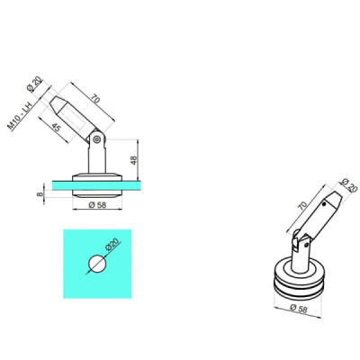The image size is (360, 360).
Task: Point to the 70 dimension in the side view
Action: (94, 95)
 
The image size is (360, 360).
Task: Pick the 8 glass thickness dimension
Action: (40, 192)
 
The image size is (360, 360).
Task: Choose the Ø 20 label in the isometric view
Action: (347, 188)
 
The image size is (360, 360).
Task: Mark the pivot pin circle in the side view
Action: (95, 139)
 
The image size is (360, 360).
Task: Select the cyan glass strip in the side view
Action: (90, 187)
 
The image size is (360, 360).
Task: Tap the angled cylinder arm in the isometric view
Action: (319, 215)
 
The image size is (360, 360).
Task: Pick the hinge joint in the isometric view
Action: (301, 241)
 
